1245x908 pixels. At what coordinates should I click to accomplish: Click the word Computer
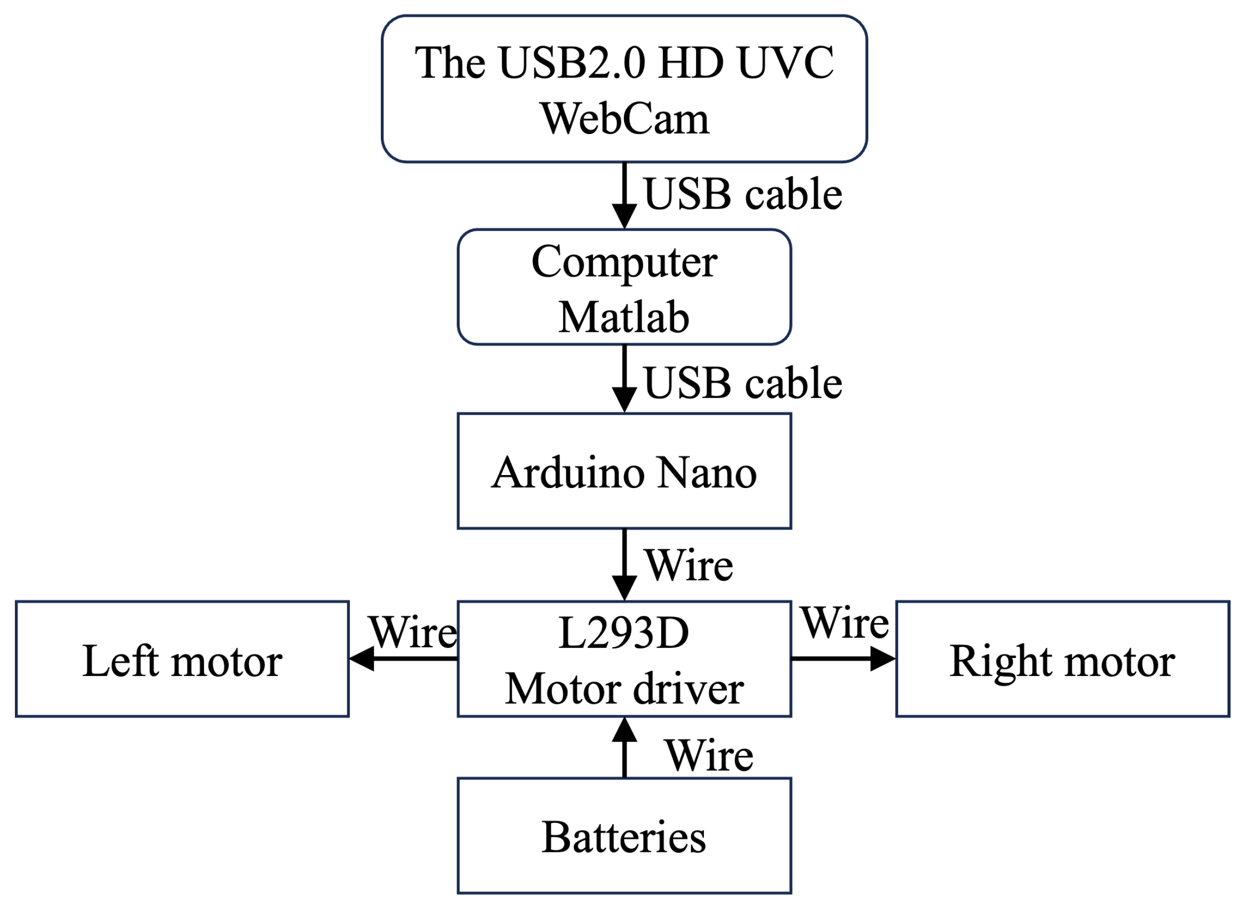pyautogui.click(x=624, y=262)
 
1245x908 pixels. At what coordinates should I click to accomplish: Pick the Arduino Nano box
pyautogui.click(x=624, y=472)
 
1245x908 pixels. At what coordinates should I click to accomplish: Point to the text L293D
pyautogui.click(x=624, y=633)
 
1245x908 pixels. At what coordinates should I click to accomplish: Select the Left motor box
pyautogui.click(x=182, y=660)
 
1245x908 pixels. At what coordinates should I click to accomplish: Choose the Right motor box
pyautogui.click(x=1062, y=660)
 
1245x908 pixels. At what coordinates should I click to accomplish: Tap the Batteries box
pyautogui.click(x=624, y=836)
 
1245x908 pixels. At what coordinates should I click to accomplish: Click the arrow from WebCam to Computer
pyautogui.click(x=625, y=196)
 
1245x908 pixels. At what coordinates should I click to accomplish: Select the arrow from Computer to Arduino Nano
pyautogui.click(x=625, y=379)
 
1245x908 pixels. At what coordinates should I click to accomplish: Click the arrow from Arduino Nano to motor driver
pyautogui.click(x=625, y=564)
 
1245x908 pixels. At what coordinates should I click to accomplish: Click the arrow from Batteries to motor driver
pyautogui.click(x=625, y=748)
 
